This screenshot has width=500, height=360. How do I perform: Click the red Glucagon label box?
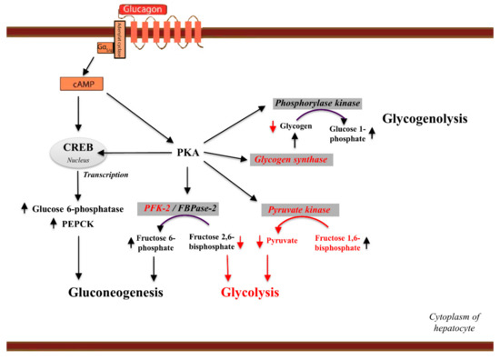point(143,10)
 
